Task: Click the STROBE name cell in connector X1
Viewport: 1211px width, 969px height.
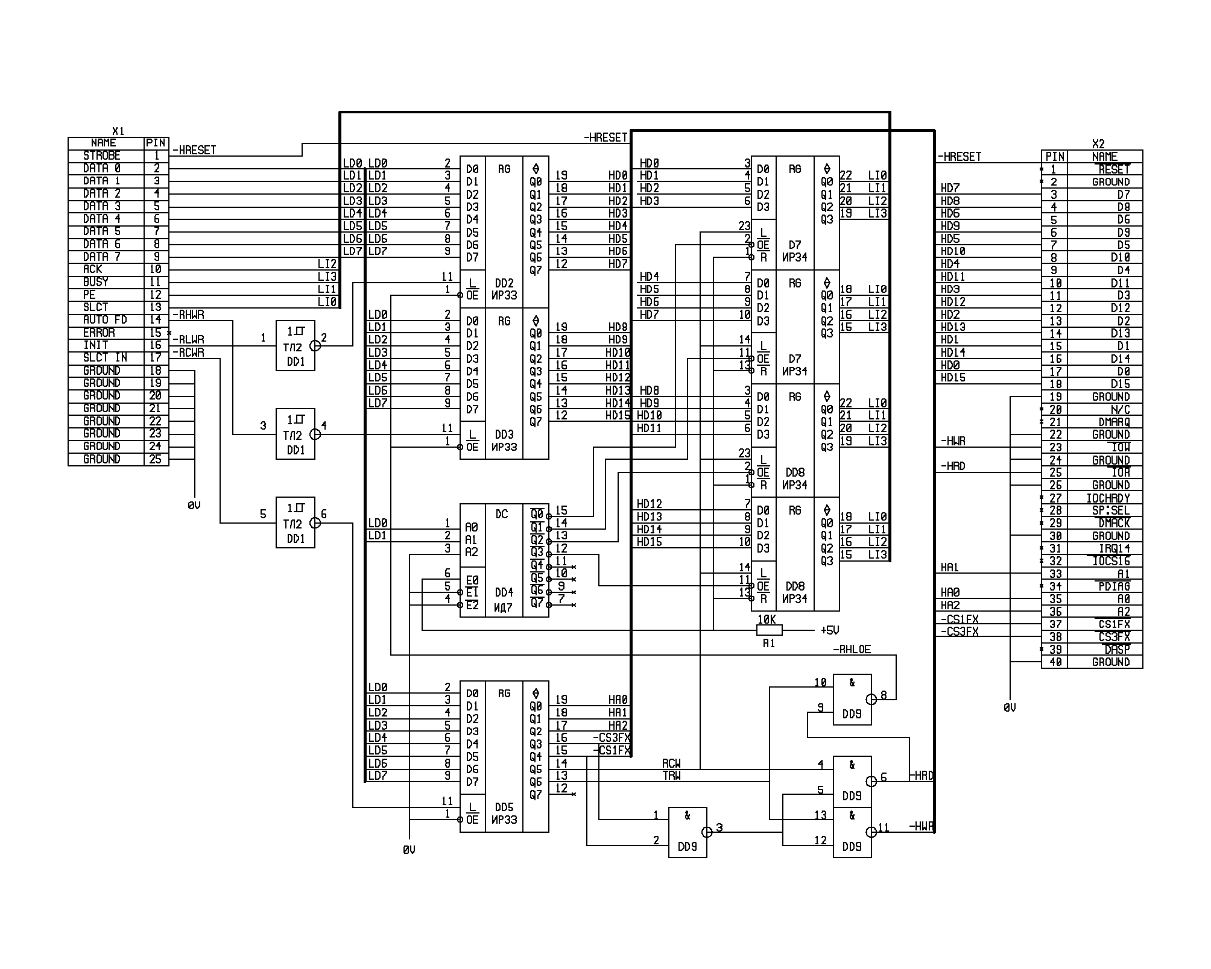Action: [x=103, y=156]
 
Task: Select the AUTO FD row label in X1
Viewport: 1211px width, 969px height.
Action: [x=105, y=320]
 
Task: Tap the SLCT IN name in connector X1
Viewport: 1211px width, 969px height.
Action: [x=105, y=358]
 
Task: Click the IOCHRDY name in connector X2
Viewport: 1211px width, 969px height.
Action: [x=1108, y=498]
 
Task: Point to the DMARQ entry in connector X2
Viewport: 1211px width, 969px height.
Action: [x=1114, y=422]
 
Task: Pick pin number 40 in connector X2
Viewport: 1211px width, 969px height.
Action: [x=1055, y=662]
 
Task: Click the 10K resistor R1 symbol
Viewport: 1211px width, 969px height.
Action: [x=769, y=630]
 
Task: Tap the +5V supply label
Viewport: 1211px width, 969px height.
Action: [x=830, y=631]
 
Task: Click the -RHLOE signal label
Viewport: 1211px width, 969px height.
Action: [x=852, y=649]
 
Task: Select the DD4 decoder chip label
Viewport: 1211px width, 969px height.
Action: [x=504, y=592]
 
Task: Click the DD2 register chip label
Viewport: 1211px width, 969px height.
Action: [x=504, y=283]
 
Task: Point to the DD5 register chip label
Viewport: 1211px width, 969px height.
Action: [x=504, y=807]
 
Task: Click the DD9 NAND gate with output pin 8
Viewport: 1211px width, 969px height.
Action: [x=852, y=699]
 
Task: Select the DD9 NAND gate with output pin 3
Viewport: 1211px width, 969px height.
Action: [x=688, y=832]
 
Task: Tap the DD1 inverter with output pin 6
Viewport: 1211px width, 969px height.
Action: [x=296, y=523]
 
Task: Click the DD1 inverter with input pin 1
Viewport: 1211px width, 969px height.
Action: [x=296, y=346]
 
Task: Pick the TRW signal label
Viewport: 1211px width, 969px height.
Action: [x=671, y=776]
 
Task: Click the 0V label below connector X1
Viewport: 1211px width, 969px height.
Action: [x=194, y=506]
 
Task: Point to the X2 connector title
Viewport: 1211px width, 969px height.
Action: [x=1098, y=144]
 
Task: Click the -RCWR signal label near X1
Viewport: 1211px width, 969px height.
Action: [x=189, y=353]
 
